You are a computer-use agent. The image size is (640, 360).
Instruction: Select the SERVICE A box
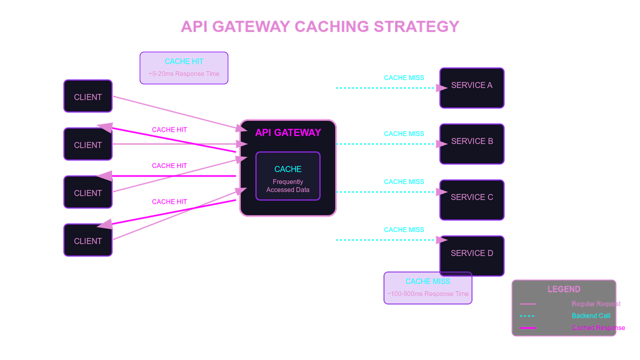pos(471,87)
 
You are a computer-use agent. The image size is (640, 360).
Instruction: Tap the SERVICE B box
pos(471,143)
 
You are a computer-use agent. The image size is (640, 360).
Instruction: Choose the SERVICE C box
pos(471,199)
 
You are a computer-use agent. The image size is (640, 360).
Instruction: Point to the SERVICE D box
pos(471,255)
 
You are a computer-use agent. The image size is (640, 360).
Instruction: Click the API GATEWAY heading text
pos(288,133)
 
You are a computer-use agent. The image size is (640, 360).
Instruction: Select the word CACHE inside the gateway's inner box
pos(288,169)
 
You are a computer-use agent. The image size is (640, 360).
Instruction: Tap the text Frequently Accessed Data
pos(288,186)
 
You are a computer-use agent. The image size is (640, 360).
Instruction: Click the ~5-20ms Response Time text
pos(184,74)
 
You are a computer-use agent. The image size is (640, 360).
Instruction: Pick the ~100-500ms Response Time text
pos(428,294)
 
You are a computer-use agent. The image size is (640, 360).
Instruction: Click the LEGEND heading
pos(564,290)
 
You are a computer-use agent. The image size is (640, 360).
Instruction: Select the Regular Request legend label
pos(596,304)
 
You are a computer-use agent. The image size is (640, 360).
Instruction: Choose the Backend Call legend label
pos(591,316)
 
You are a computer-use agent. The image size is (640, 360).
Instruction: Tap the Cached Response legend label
pos(598,328)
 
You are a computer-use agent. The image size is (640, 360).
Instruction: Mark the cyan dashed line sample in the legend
pos(527,316)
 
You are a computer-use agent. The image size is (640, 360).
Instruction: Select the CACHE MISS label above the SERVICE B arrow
pos(404,134)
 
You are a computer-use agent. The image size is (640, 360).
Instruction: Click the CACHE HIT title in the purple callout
pos(184,61)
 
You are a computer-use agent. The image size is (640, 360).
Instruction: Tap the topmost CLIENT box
pos(88,97)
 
